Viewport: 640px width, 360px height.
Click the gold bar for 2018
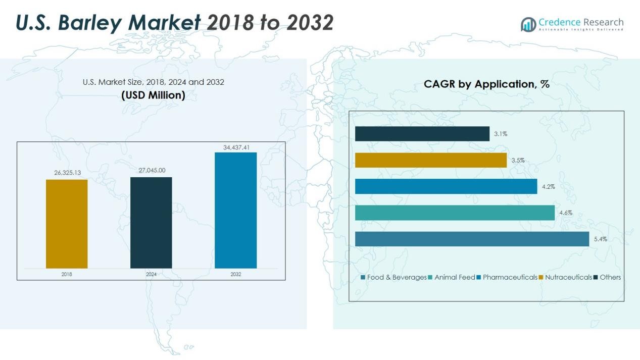tap(67, 224)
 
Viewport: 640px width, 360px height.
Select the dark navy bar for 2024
tap(151, 223)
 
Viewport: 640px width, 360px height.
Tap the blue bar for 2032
tap(236, 211)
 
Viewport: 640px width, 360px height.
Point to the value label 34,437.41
tap(236, 147)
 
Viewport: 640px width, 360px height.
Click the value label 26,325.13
tap(67, 173)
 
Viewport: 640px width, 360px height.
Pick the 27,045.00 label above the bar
tap(152, 170)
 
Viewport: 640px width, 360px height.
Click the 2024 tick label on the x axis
tap(151, 274)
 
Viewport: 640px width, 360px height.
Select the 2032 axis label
tap(236, 274)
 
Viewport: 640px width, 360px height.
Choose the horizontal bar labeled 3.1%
tap(422, 134)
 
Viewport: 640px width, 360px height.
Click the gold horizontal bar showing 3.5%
tap(431, 160)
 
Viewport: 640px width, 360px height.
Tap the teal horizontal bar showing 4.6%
tap(455, 213)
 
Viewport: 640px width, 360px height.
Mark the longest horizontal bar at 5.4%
tap(472, 239)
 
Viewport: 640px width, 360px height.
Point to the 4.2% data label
tap(548, 187)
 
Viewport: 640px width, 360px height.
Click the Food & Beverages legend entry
tap(393, 277)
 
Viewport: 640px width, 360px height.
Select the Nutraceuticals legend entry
tap(565, 277)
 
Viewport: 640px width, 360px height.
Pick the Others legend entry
tap(607, 277)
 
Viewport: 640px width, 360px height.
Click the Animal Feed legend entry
tap(452, 277)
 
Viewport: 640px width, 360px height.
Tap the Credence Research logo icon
tap(528, 25)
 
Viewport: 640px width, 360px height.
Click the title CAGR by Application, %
tap(486, 84)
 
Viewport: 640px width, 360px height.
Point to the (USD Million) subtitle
tap(153, 95)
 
